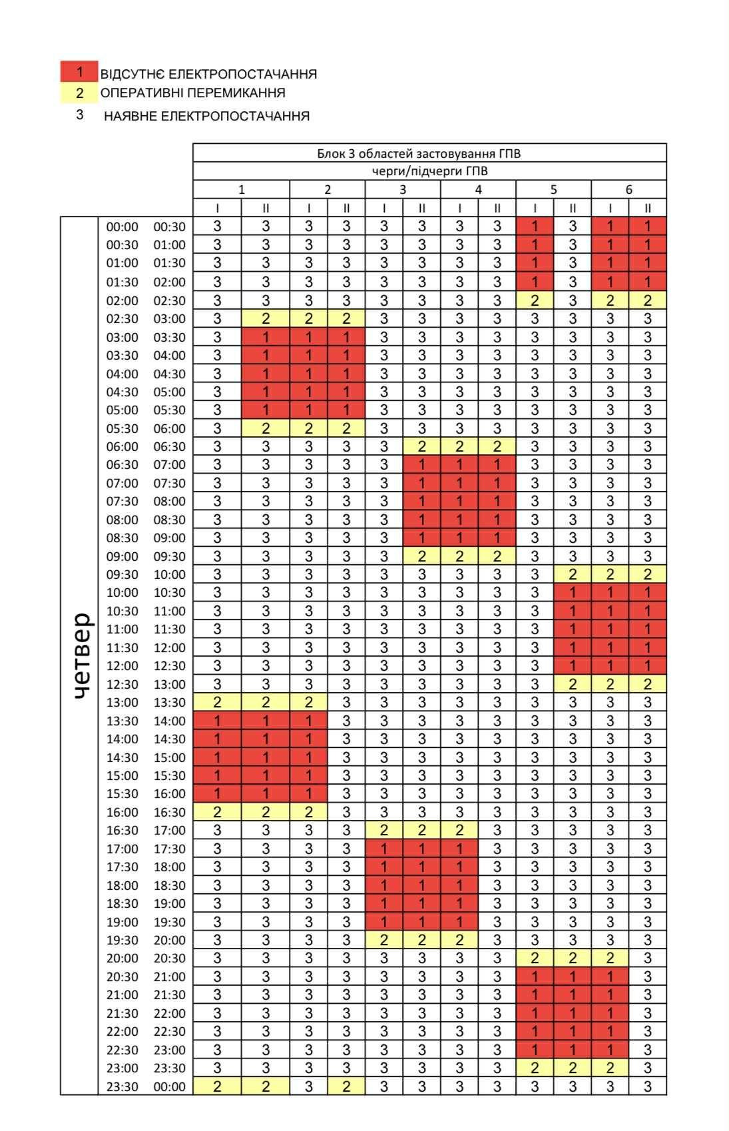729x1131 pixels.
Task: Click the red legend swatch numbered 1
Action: [x=79, y=71]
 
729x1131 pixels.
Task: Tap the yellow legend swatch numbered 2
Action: [x=79, y=93]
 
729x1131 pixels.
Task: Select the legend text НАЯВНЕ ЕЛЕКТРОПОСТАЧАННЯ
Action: [x=206, y=116]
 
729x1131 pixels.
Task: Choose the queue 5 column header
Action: [x=553, y=189]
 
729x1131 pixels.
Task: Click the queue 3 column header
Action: [x=402, y=189]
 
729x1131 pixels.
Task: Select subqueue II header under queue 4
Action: [x=497, y=208]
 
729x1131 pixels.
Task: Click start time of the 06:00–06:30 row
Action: [x=122, y=446]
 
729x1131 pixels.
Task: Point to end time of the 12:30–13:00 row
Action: [x=170, y=684]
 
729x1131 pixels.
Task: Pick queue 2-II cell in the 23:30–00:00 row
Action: [x=346, y=1086]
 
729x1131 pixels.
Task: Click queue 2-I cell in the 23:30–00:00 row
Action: [x=309, y=1086]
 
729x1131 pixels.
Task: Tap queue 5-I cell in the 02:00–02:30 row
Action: [x=535, y=300]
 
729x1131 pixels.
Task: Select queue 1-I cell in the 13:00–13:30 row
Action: [x=217, y=702]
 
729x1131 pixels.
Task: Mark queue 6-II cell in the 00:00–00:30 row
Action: [x=648, y=226]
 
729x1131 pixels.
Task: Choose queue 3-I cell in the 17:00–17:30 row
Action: [x=384, y=849]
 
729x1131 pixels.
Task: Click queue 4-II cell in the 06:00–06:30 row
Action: [x=497, y=446]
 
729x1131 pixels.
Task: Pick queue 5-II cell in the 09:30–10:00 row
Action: [x=573, y=574]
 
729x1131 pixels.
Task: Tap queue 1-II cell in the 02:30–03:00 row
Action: [x=266, y=318]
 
